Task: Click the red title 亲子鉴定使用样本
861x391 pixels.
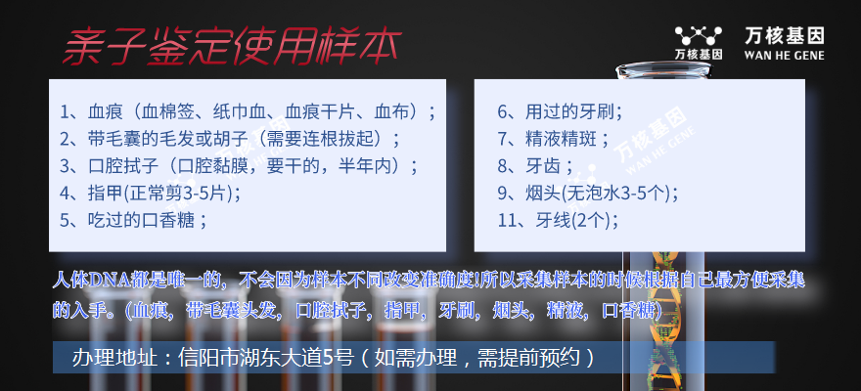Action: point(232,46)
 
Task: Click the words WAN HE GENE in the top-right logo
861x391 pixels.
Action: point(784,55)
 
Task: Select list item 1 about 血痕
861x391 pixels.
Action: point(249,112)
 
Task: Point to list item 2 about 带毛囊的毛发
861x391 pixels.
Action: point(231,139)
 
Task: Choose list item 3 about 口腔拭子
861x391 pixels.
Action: point(240,166)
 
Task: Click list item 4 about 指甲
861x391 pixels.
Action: point(150,193)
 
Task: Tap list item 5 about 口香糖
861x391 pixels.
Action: point(134,220)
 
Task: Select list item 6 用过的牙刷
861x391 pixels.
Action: point(560,112)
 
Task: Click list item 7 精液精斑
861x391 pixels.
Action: point(554,139)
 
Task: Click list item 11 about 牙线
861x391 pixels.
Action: point(558,220)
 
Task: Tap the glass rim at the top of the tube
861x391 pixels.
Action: point(662,69)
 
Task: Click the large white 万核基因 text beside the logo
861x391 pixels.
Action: point(785,36)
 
